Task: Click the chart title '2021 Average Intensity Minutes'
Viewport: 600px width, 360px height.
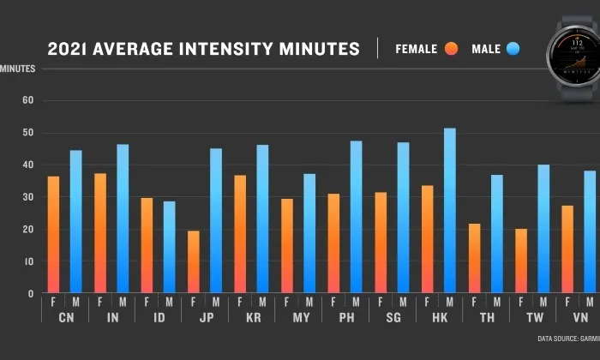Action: click(203, 49)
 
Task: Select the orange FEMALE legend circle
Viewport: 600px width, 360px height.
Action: click(452, 49)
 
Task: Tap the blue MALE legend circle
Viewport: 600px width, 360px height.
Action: click(513, 49)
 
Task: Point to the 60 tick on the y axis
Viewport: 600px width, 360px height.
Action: click(27, 100)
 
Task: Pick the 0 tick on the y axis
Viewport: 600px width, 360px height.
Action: click(30, 294)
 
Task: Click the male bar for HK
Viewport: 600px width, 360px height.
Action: click(450, 211)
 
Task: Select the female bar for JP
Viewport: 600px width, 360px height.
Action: click(194, 262)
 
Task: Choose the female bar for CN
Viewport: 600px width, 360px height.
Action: click(54, 235)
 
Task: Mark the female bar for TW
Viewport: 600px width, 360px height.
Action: click(520, 261)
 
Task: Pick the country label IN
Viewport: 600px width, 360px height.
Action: click(111, 317)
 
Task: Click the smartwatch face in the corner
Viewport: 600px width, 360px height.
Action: click(572, 59)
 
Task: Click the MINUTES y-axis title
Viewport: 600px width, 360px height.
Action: click(17, 68)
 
